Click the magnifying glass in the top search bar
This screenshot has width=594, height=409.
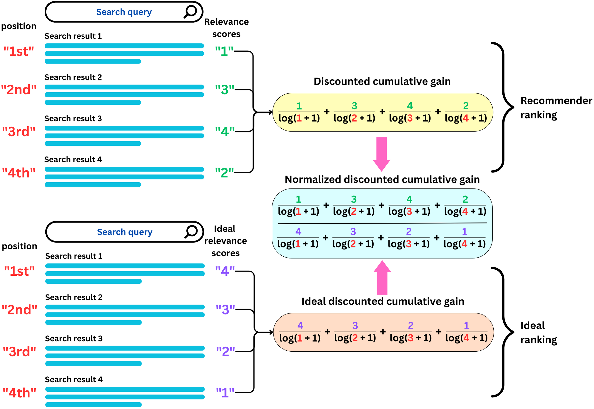pos(190,12)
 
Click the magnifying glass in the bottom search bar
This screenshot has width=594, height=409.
pos(191,232)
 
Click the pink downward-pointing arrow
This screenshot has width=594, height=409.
pos(382,154)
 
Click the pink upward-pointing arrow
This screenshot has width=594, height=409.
pos(382,278)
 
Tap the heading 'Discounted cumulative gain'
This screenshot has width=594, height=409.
pos(382,82)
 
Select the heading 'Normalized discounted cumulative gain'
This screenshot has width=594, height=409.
pos(382,180)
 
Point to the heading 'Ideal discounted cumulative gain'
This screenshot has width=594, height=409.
pos(383,302)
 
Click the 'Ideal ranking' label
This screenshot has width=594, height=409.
pos(538,333)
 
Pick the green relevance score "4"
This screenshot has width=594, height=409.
pos(225,131)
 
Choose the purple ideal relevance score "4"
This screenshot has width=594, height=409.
pos(225,271)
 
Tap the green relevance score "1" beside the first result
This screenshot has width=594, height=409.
pos(224,52)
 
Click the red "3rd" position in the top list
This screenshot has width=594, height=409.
pos(19,132)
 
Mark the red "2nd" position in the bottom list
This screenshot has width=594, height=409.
pos(19,310)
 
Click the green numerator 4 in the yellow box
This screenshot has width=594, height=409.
pos(410,106)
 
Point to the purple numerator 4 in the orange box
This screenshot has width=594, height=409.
pos(300,326)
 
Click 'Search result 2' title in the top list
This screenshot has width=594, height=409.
pos(73,77)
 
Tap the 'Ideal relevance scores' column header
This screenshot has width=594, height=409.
pos(225,241)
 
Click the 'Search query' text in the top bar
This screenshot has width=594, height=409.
pos(124,12)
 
